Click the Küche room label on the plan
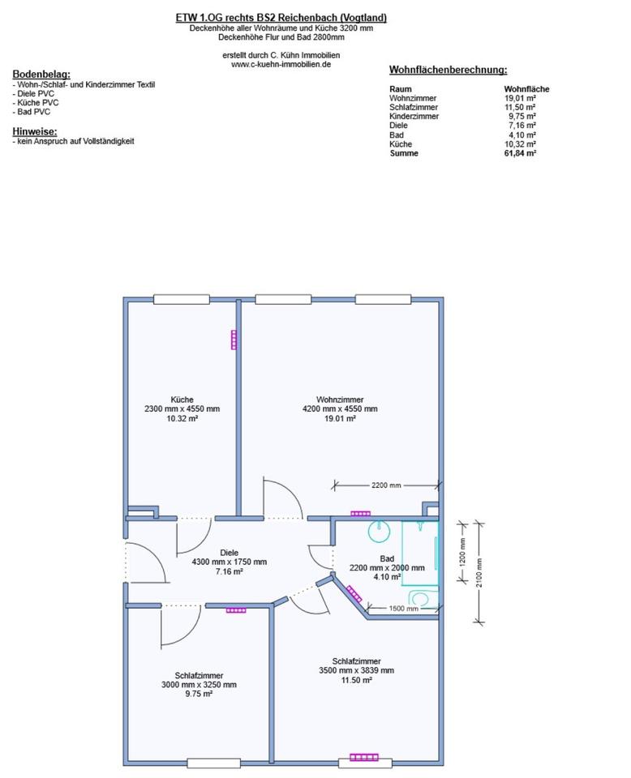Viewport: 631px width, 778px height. click(x=182, y=399)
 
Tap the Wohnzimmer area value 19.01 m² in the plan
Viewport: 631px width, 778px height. click(x=340, y=418)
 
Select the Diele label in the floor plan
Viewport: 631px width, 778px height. click(x=230, y=552)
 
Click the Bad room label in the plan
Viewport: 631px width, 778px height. click(x=387, y=558)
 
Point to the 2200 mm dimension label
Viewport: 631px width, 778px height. click(x=386, y=485)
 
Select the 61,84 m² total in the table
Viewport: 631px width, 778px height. click(x=519, y=153)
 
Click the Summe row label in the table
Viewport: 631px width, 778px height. click(x=404, y=153)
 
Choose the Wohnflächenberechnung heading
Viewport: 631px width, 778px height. click(x=448, y=71)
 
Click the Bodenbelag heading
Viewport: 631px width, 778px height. click(x=41, y=74)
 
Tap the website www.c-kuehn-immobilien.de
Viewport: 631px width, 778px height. click(x=281, y=64)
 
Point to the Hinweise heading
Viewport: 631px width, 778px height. click(x=35, y=130)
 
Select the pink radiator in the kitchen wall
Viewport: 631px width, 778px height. click(x=234, y=339)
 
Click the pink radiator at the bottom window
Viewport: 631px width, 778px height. click(x=364, y=758)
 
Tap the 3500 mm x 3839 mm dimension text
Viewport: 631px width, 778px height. click(x=356, y=670)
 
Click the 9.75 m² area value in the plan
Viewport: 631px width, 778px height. click(x=199, y=694)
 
